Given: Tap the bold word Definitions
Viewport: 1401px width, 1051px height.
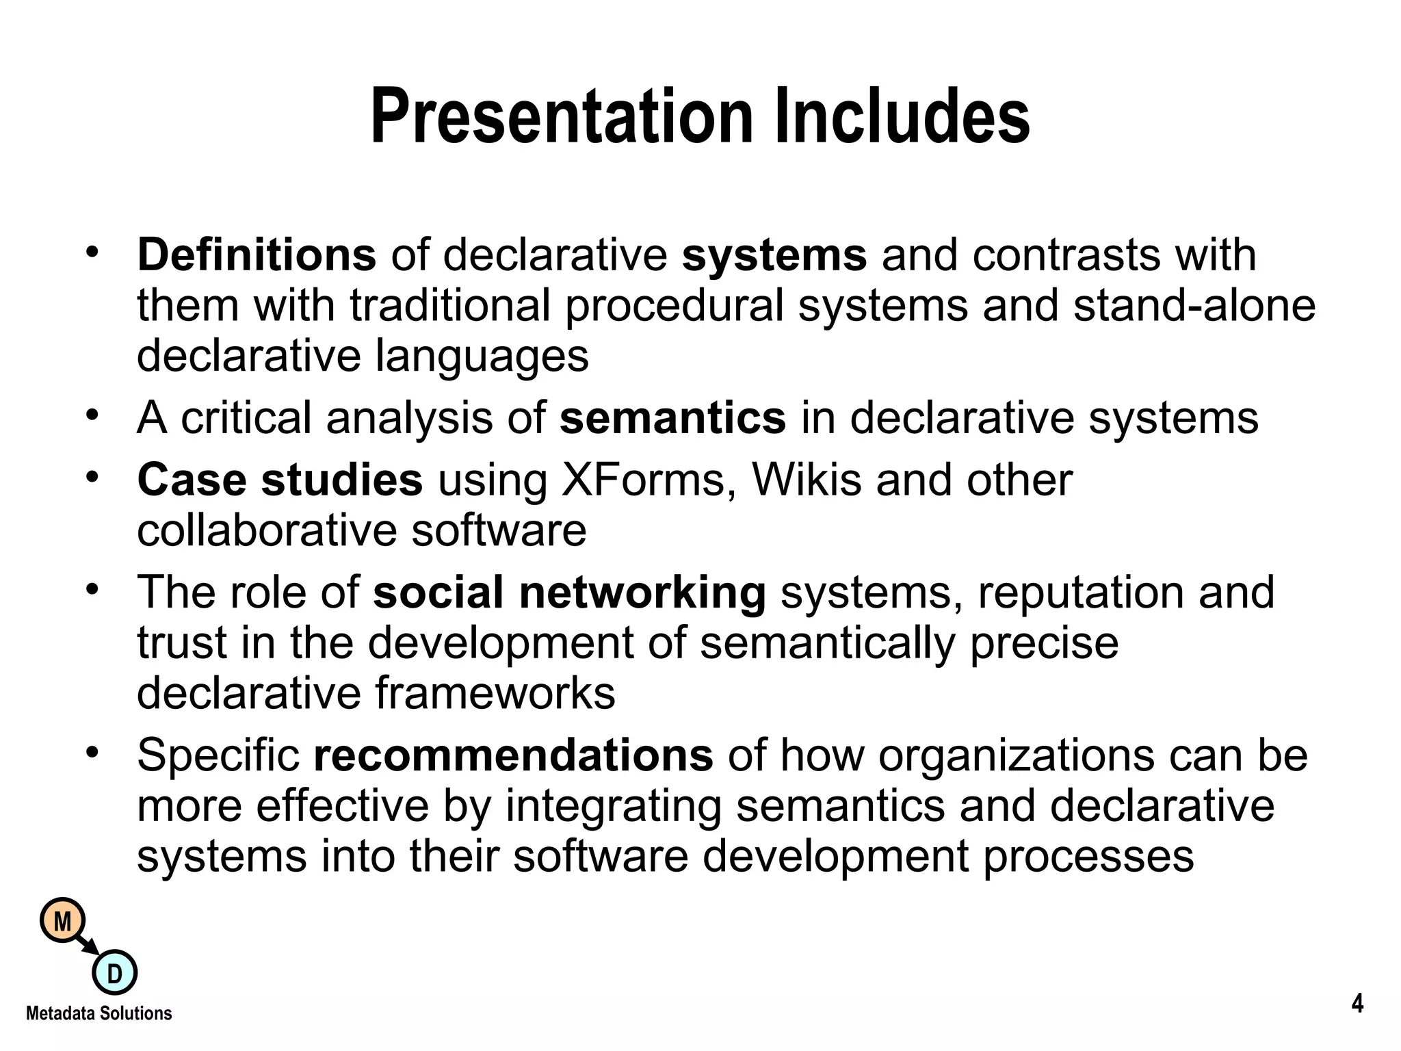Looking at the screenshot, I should (x=257, y=255).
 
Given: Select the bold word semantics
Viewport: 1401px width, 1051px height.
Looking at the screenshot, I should (x=672, y=417).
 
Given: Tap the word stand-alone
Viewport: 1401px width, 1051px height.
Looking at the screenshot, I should (x=1194, y=305).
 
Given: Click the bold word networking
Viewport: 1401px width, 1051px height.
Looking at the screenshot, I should (x=642, y=592).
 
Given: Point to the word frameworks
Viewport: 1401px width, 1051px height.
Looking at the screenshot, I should (x=495, y=693).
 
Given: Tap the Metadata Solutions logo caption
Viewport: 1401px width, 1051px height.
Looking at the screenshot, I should (x=99, y=1013).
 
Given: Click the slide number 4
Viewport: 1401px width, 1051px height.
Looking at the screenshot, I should (x=1357, y=1004).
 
